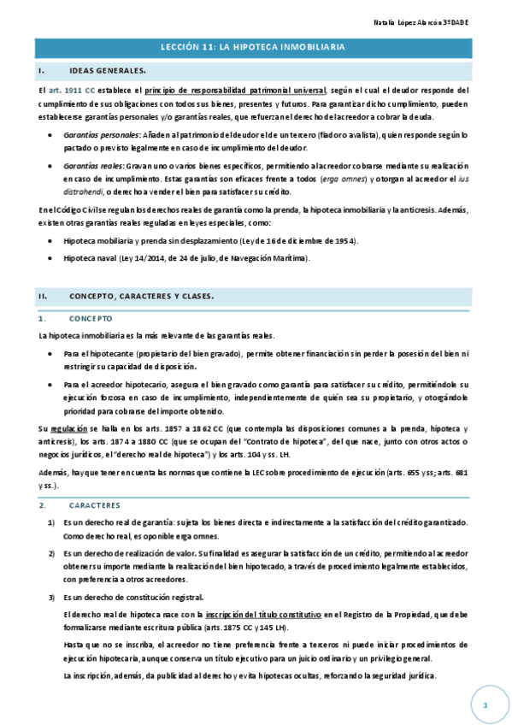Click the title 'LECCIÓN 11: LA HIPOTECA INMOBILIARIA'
coord(256,49)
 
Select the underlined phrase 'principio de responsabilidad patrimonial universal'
coord(236,90)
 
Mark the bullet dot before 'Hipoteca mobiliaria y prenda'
coord(53,242)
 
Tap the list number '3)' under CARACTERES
coord(52,597)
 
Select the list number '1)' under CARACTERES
coord(52,522)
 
